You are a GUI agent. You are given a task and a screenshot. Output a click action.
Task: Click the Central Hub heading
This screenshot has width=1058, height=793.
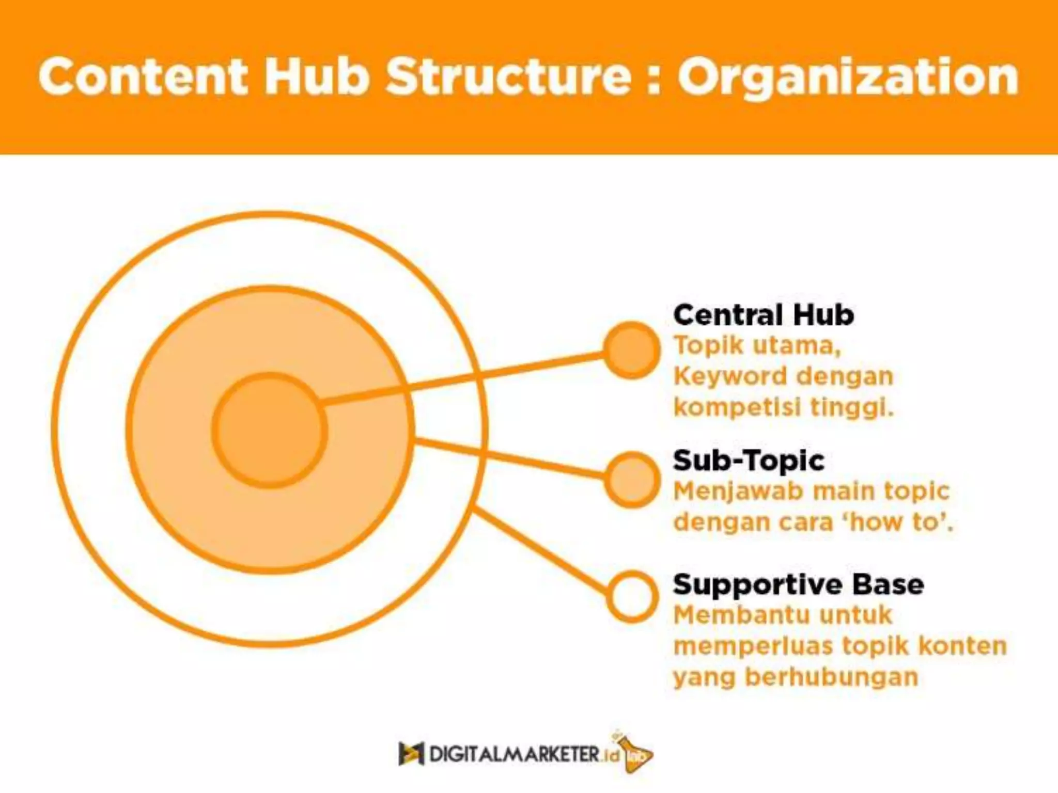point(763,314)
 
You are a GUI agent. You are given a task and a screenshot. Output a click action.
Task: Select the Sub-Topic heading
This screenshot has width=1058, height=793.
point(749,460)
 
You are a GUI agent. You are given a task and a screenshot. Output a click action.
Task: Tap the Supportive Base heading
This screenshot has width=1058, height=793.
point(798,584)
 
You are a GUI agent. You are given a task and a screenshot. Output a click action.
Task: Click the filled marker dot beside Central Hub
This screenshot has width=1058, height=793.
point(631,350)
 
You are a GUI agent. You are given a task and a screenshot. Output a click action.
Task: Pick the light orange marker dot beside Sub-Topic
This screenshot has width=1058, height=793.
point(632,479)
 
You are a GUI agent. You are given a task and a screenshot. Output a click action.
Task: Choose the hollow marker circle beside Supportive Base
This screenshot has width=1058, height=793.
point(632,596)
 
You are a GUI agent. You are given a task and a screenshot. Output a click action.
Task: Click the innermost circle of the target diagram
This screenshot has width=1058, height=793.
point(269,430)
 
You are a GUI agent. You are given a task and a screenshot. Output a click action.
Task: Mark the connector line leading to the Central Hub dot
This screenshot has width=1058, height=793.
point(465,377)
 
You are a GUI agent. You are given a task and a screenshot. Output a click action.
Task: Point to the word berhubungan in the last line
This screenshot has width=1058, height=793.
point(831,677)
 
